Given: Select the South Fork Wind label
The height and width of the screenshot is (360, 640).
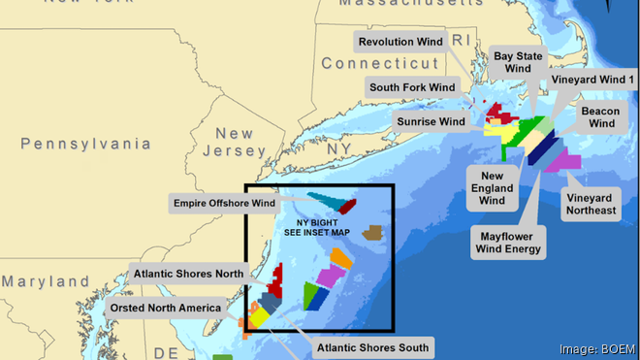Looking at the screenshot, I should (x=412, y=87).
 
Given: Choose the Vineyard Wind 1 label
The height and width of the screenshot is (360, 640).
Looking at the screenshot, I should (x=592, y=79).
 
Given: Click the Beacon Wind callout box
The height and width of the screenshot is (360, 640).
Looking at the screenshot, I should (x=600, y=116).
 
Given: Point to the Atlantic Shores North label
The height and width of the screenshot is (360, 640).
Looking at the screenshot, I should (x=189, y=274).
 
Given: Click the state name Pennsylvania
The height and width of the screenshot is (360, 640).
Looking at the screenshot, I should (x=86, y=144).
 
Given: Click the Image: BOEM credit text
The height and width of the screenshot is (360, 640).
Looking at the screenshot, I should (x=597, y=349).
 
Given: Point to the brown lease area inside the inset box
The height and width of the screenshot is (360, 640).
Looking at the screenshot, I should (x=372, y=233).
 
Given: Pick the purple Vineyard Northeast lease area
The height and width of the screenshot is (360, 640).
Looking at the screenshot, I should (x=561, y=161).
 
